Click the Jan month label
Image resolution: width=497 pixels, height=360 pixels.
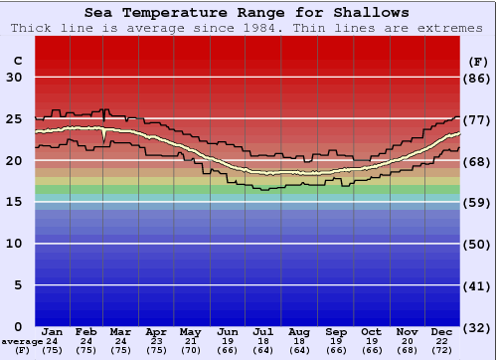[53, 331]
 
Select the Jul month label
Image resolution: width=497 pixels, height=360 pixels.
[263, 331]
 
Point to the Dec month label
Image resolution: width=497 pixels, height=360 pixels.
[443, 331]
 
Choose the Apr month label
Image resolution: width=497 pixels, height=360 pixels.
[156, 331]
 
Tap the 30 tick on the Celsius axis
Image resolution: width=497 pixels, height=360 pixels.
[14, 78]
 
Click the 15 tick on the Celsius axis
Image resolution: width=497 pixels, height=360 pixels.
[14, 202]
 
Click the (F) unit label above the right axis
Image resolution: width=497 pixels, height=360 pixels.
[477, 61]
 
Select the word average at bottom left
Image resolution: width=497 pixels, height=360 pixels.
[22, 341]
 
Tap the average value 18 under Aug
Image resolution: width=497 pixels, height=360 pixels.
[299, 341]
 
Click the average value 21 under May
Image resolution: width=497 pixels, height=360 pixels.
[192, 341]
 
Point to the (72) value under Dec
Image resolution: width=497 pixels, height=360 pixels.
[443, 350]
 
